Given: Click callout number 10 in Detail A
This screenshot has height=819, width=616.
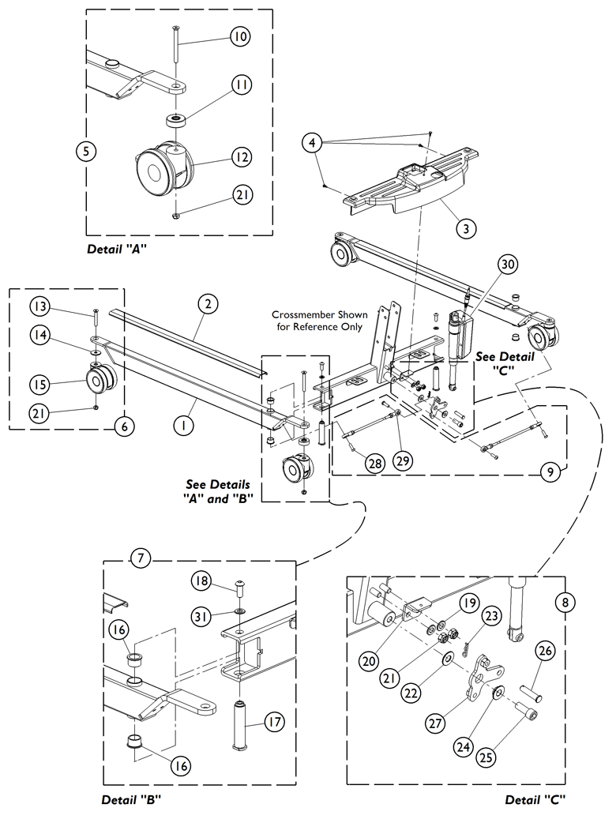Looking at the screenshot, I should (x=239, y=36).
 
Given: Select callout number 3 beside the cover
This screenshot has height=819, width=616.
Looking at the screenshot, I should (x=467, y=228).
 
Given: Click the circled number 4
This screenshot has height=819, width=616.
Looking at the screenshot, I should (x=314, y=143).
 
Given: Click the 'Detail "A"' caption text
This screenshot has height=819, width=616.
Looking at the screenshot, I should (x=118, y=249).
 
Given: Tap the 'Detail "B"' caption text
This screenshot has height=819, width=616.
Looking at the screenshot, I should (x=131, y=798).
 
